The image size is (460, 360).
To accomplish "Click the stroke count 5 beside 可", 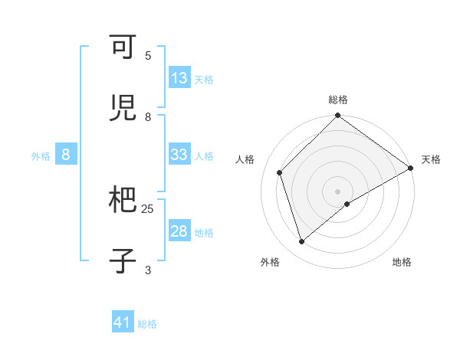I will tap(148, 56).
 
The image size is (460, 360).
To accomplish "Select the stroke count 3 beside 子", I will tap(148, 270).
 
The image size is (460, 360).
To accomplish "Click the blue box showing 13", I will tap(179, 78).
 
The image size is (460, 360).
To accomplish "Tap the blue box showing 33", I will tap(179, 155).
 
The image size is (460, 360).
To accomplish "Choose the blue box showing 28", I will tap(179, 231).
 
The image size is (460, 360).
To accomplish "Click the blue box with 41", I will tap(123, 322).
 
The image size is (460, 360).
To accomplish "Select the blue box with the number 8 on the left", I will tap(66, 155).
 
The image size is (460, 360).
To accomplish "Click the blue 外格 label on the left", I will tap(41, 156).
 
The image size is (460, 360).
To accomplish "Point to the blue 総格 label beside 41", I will tap(147, 324).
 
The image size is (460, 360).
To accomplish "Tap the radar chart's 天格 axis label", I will tap(431, 159).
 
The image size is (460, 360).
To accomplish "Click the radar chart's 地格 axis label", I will tap(402, 262).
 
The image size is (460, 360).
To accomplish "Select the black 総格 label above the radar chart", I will tap(338, 100).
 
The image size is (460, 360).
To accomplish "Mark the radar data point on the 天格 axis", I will tap(410, 168).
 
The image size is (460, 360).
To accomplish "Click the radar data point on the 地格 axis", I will tap(347, 204).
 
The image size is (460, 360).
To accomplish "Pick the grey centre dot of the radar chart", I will tap(338, 191).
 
